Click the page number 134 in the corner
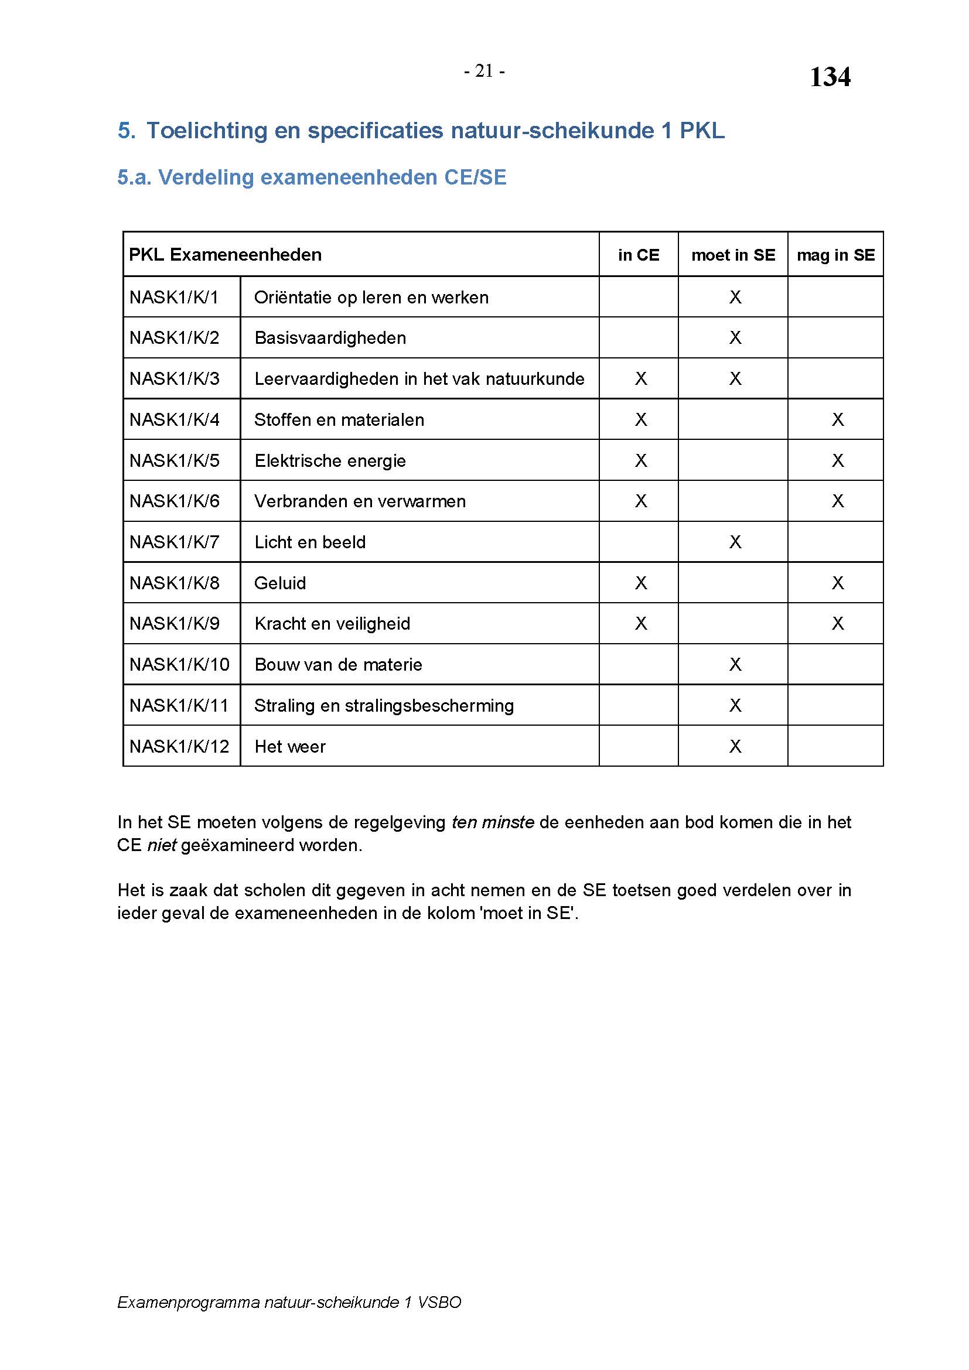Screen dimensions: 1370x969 point(830,77)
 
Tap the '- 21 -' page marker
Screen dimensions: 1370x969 point(484,71)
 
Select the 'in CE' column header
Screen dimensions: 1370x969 point(639,255)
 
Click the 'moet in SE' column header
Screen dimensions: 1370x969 point(733,255)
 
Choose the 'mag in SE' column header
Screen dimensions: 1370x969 point(835,255)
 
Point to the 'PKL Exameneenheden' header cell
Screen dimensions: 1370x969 point(225,255)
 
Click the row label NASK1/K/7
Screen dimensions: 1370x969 point(174,542)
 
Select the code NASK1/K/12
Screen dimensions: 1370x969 point(179,746)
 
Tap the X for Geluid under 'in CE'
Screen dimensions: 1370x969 point(641,583)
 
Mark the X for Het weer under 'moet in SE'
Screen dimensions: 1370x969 point(735,746)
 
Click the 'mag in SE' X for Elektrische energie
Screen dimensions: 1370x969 point(838,460)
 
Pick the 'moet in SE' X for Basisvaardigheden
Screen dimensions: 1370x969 point(735,338)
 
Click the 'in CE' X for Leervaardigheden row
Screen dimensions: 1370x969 point(641,379)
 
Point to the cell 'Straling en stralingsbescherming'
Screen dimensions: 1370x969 point(384,706)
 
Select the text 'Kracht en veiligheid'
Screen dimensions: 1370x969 point(332,624)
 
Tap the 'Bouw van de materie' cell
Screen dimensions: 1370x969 point(338,665)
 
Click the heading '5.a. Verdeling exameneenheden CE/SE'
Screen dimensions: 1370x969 point(312,177)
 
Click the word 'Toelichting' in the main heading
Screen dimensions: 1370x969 point(206,131)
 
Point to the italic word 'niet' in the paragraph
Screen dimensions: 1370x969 point(161,846)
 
